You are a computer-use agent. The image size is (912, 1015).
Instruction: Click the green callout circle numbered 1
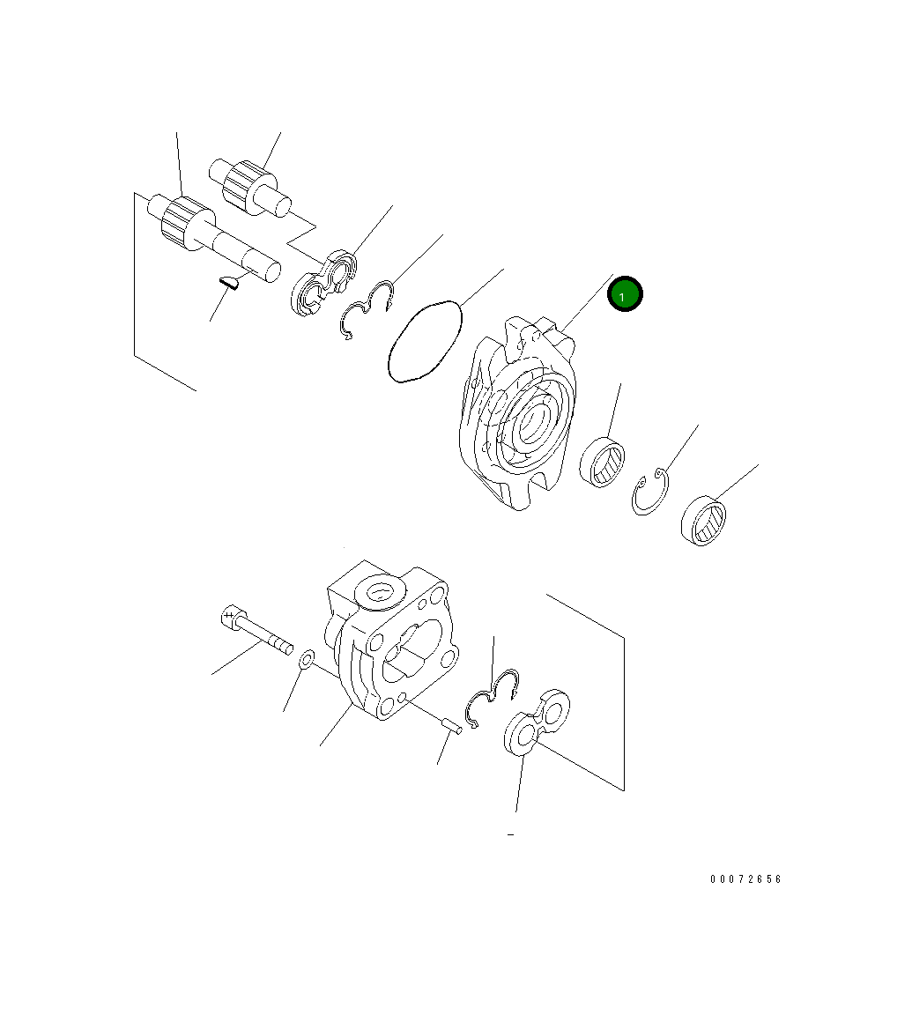[624, 294]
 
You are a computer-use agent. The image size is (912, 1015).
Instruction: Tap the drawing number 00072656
[745, 878]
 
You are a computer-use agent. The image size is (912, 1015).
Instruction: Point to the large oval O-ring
[426, 341]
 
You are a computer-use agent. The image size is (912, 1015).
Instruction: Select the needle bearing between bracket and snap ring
[602, 462]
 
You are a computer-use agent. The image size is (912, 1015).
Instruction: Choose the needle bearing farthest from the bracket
[703, 521]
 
